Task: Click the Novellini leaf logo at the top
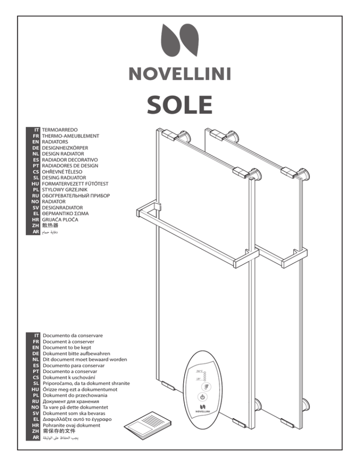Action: [180, 40]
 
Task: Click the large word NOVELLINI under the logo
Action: [180, 74]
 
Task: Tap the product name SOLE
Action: [180, 105]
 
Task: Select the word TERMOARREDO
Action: [60, 130]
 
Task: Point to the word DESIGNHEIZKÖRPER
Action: [65, 148]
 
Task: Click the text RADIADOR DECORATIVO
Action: [70, 159]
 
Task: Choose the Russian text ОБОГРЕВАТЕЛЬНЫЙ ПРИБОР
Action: [76, 195]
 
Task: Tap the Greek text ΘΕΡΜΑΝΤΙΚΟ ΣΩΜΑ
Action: [65, 213]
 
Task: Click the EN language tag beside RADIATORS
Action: [36, 142]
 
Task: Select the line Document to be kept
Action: [67, 347]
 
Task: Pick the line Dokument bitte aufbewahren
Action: [76, 353]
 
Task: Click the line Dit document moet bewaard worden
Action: [85, 359]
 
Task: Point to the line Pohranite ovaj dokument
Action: [71, 425]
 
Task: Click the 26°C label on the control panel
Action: [199, 371]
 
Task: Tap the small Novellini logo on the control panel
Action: [202, 408]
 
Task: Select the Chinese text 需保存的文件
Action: [59, 431]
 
